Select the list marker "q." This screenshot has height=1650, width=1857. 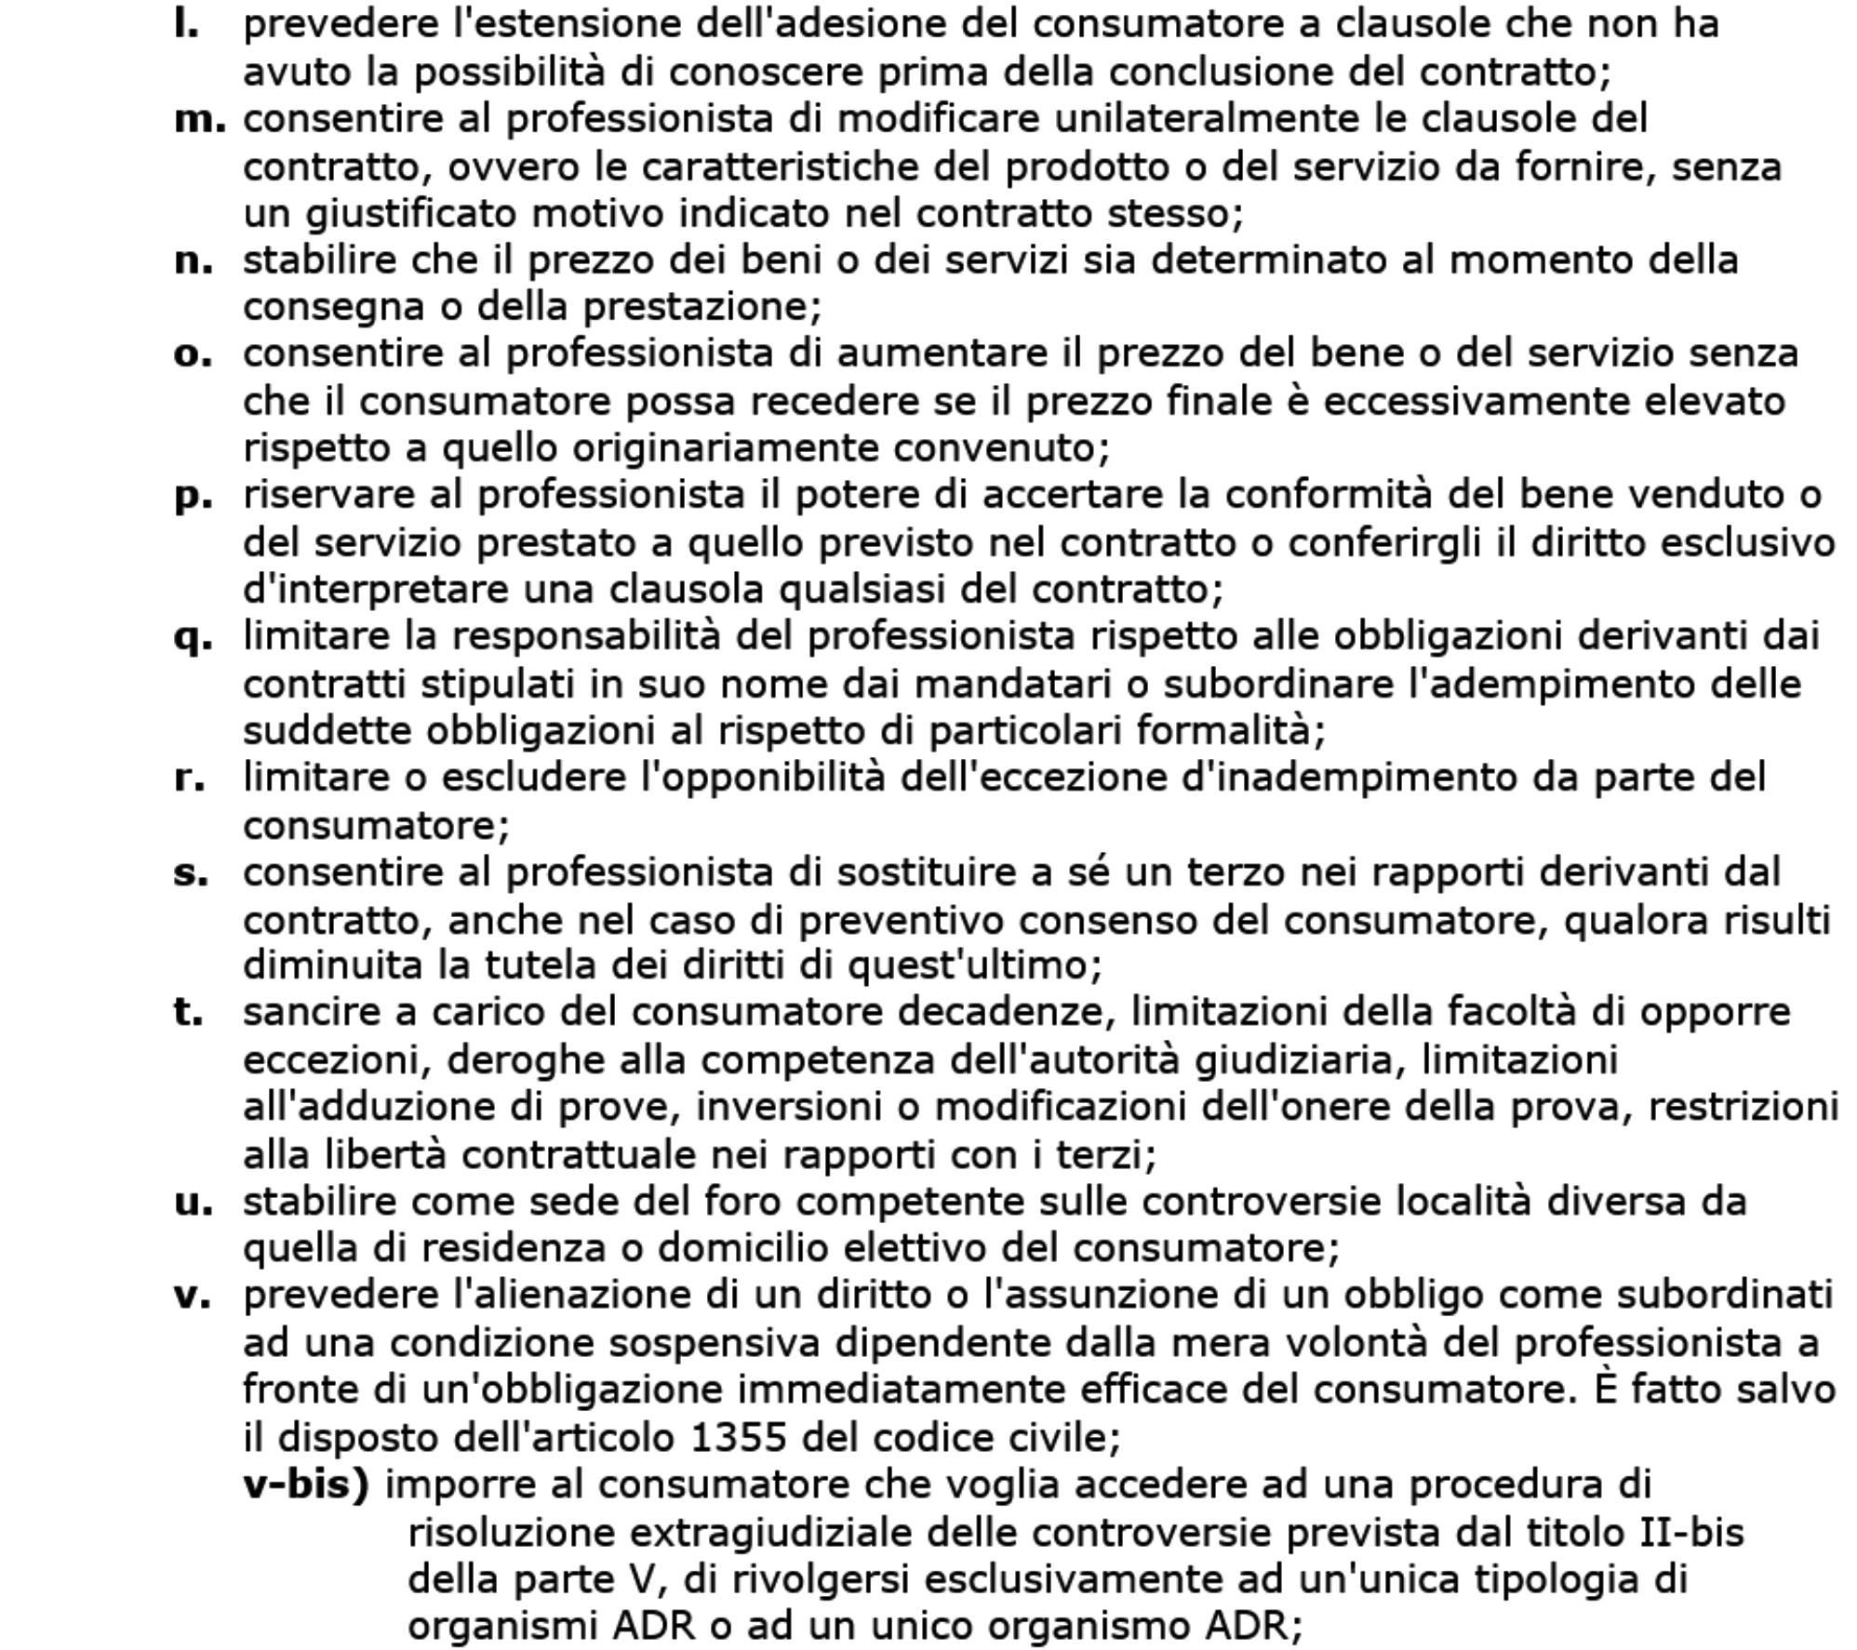pos(193,638)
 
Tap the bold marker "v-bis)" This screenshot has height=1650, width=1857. pos(306,1484)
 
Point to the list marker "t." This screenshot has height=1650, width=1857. pos(189,1012)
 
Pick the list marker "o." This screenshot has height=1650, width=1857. pos(193,355)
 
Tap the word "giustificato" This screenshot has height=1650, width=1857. pos(410,214)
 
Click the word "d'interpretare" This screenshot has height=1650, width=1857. pos(375,590)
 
